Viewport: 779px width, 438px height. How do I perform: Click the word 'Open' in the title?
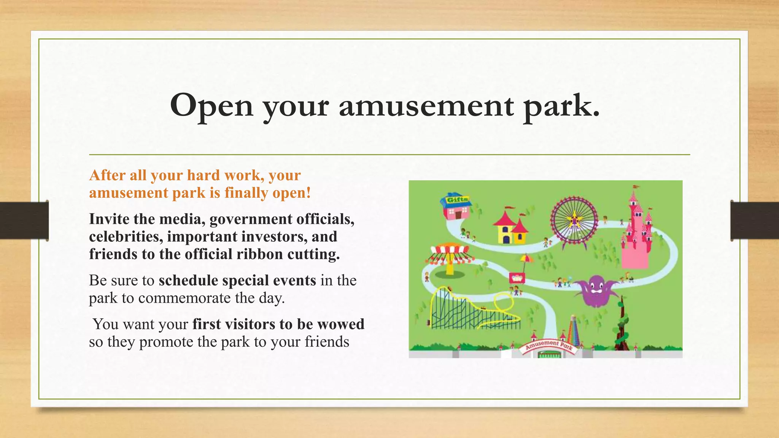tap(211, 106)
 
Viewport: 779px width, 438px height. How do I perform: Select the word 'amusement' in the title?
tap(426, 106)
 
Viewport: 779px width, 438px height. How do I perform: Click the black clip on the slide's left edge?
tap(24, 220)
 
